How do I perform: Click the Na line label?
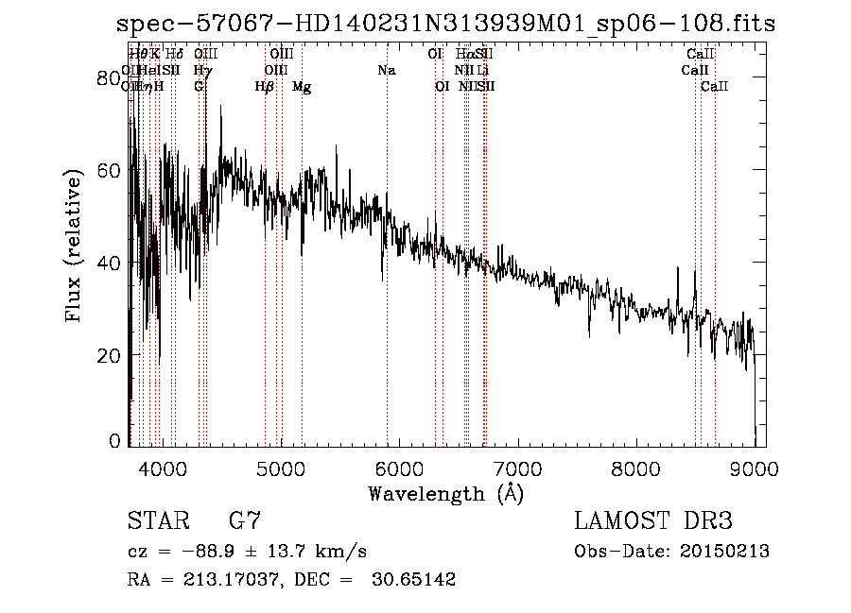386,70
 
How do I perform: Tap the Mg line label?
302,87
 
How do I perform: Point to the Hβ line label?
265,87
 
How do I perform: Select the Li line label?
483,70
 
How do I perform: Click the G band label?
199,87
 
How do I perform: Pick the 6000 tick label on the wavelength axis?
398,468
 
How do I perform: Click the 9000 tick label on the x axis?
755,468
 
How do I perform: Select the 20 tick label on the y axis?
113,355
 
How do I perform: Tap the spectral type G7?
245,521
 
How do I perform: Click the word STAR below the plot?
156,521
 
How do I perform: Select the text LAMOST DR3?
653,521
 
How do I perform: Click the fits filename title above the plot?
445,25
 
